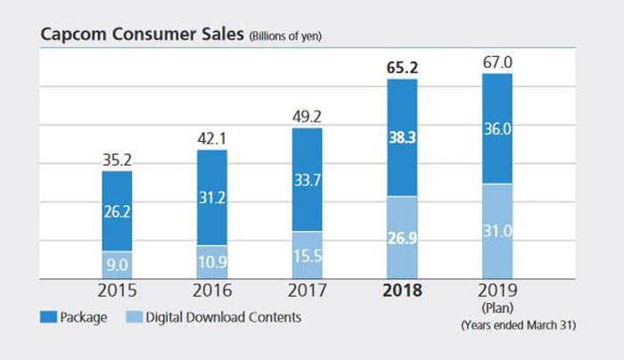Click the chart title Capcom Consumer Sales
coord(141,35)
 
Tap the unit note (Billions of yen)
coord(283,37)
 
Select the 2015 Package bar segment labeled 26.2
coord(118,211)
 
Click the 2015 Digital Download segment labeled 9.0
coord(118,265)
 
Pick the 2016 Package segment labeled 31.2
coord(212,198)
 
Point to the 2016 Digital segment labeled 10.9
coord(212,262)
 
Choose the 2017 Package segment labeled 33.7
coord(308,180)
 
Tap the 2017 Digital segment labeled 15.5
coord(308,256)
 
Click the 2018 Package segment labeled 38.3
coord(402,138)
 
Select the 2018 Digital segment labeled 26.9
coord(402,238)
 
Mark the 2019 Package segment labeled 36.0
coord(497,128)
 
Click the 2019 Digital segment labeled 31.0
coord(497,232)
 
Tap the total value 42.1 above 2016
coord(212,140)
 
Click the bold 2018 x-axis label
coord(402,291)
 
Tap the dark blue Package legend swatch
coord(49,316)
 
